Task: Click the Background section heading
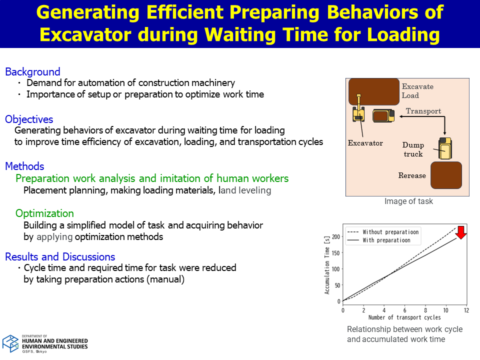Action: (x=33, y=71)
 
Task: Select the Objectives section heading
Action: (x=29, y=119)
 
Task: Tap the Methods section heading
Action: (x=25, y=166)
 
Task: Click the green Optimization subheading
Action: (x=44, y=213)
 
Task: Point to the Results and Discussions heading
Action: (x=60, y=256)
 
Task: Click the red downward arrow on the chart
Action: (x=460, y=232)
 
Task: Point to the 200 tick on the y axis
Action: (x=336, y=236)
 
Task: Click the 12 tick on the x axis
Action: (x=466, y=310)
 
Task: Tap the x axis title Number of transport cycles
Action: (x=404, y=317)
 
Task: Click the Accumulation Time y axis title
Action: (x=327, y=265)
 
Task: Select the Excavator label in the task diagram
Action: (x=365, y=143)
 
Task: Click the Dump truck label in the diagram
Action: (x=413, y=149)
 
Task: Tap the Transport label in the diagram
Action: (x=423, y=111)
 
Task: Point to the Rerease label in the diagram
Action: (x=412, y=175)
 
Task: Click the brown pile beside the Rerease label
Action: (x=446, y=175)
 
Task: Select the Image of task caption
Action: (x=408, y=201)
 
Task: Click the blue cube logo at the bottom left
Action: (x=10, y=343)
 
